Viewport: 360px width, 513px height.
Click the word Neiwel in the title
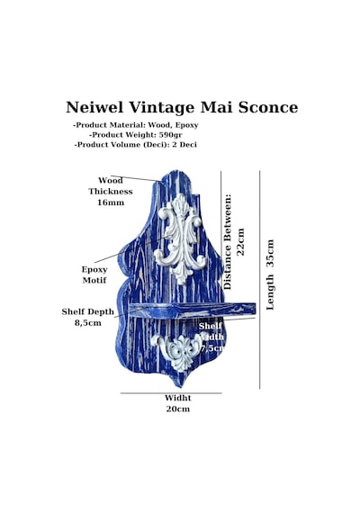[94, 107]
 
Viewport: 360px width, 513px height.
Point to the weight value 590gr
[170, 135]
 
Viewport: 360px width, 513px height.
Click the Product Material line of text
[136, 125]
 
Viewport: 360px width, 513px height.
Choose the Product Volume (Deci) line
[136, 145]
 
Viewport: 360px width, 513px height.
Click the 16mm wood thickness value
[111, 202]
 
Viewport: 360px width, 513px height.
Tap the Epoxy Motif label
[94, 274]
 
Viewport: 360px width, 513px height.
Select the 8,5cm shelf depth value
[88, 323]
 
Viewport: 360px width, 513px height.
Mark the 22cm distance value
[240, 242]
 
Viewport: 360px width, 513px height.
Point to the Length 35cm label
[270, 274]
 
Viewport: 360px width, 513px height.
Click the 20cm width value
[177, 409]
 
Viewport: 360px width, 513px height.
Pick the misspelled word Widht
[177, 398]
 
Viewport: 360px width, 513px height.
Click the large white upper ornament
[180, 238]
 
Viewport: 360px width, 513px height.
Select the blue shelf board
[192, 310]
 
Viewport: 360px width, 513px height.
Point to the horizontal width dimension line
[171, 393]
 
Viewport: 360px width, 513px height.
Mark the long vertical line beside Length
[260, 280]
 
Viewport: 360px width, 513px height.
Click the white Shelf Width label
[211, 337]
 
